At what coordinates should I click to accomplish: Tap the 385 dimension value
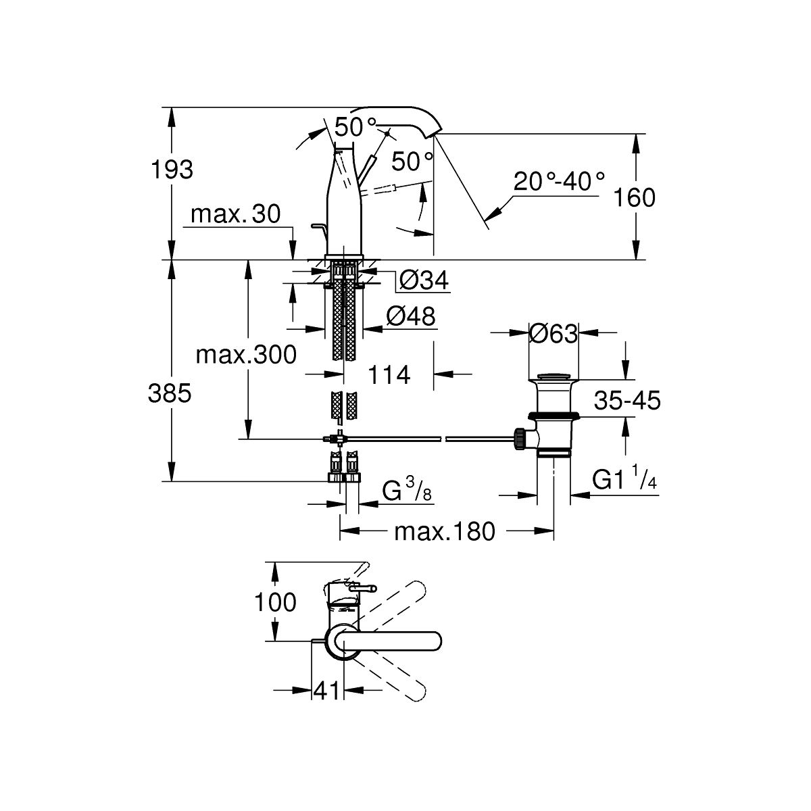(x=170, y=393)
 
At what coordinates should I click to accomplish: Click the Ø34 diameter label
(x=423, y=280)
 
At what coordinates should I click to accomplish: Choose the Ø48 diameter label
(x=410, y=316)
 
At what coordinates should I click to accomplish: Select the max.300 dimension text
(x=246, y=354)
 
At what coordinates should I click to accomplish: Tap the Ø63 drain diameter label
(x=554, y=334)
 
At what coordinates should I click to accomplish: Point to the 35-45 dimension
(x=627, y=401)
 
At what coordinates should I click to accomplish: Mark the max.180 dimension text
(x=445, y=532)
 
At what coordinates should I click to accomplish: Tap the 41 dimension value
(x=326, y=691)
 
